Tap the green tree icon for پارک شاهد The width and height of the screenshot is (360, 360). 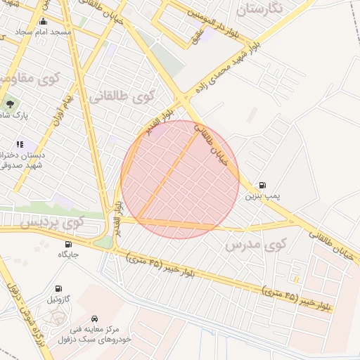pyautogui.click(x=10, y=103)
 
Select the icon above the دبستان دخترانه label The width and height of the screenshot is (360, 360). pyautogui.click(x=20, y=144)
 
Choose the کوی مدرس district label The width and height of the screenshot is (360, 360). pyautogui.click(x=257, y=245)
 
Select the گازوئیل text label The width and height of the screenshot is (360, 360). pyautogui.click(x=58, y=300)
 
